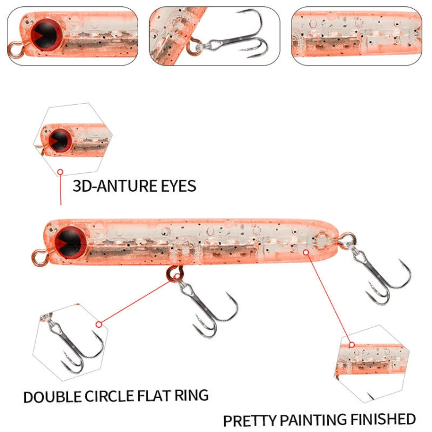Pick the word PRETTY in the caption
click(250, 419)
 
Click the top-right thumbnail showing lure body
click(357, 36)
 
